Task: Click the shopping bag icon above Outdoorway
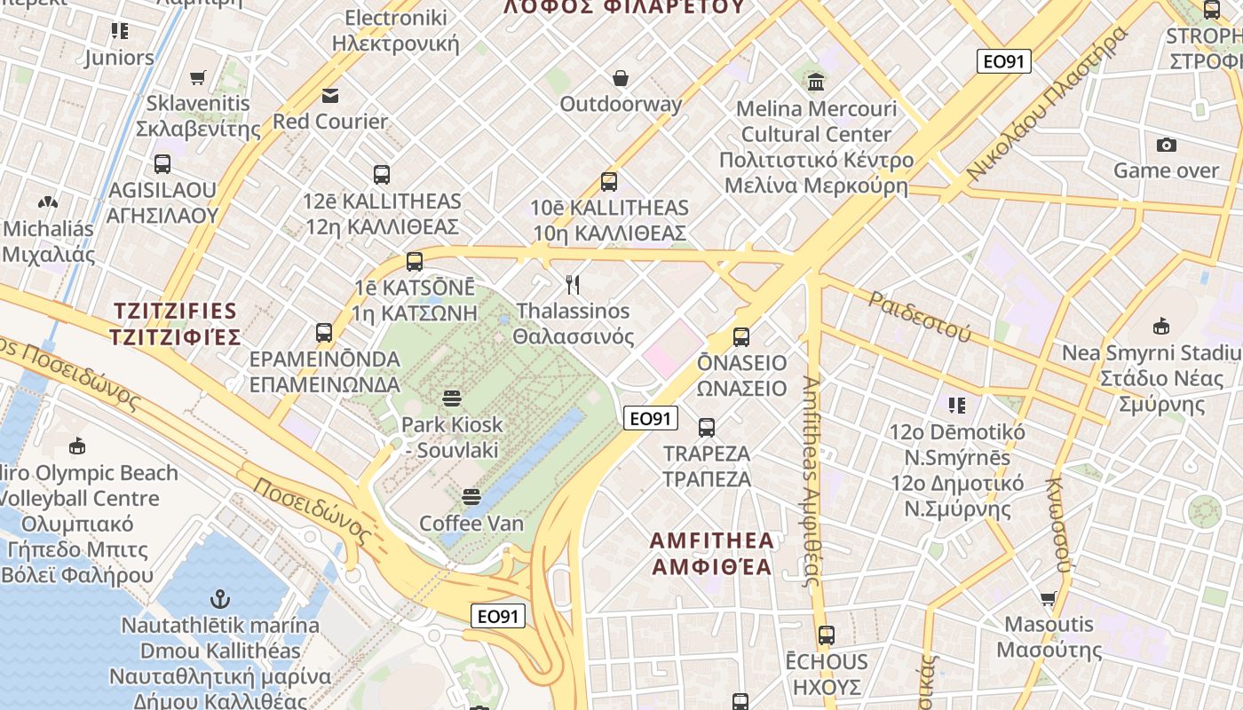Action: [x=621, y=78]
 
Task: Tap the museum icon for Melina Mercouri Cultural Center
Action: [x=816, y=83]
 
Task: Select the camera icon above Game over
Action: [x=1166, y=145]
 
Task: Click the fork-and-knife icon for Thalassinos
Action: [x=573, y=285]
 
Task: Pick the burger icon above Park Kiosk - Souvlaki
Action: [x=452, y=398]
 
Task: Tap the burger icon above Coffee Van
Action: [x=471, y=497]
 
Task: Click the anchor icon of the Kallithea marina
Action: [x=219, y=599]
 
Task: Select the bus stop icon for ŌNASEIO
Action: [x=741, y=337]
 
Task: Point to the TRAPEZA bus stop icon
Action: [x=707, y=428]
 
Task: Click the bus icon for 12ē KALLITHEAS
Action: [x=382, y=175]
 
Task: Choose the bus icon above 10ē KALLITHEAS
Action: [x=609, y=182]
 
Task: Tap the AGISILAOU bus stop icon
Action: [x=162, y=164]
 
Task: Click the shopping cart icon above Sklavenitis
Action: [x=197, y=78]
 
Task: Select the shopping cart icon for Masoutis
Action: [x=1049, y=599]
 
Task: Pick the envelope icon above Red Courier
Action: [x=330, y=95]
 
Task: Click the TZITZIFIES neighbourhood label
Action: [x=175, y=324]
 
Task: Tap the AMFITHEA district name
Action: [x=712, y=553]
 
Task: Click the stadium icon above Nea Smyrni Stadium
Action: [x=1160, y=327]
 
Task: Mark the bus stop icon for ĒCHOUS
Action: [x=827, y=635]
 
